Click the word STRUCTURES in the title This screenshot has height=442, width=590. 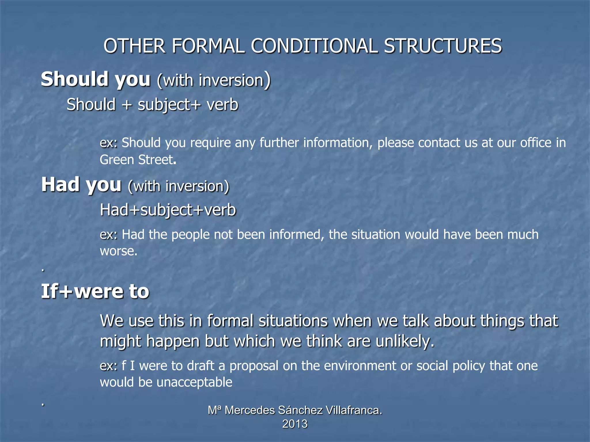click(x=442, y=46)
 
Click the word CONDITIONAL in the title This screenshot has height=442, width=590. click(x=314, y=46)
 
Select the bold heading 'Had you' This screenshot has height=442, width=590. click(x=81, y=185)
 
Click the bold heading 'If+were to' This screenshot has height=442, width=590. click(x=95, y=291)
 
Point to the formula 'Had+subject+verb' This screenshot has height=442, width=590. click(x=168, y=210)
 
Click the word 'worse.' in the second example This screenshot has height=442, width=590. click(x=119, y=251)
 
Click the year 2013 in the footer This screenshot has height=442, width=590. click(x=295, y=424)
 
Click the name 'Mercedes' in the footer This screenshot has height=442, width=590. click(x=249, y=410)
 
